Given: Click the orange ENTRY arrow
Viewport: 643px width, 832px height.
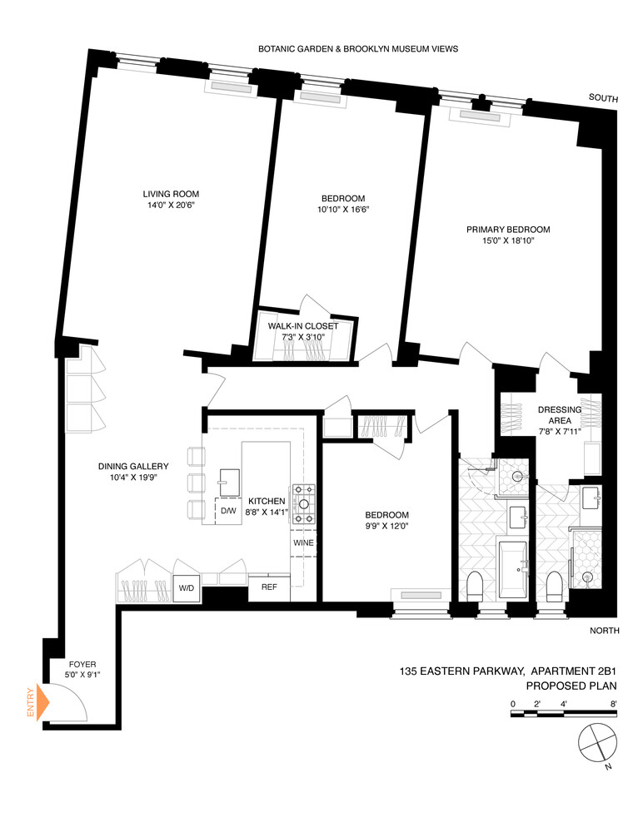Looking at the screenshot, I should point(42,704).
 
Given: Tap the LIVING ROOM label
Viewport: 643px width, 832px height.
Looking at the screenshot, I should point(170,194).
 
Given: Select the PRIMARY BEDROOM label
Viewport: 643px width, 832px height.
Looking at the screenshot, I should point(508,230).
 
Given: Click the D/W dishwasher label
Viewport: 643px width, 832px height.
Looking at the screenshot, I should point(227,511).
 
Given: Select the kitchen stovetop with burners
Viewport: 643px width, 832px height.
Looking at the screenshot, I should point(303,504).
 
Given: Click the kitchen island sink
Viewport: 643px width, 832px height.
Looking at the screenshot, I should point(227,477).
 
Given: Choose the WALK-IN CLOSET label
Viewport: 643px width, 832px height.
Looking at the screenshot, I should point(303,326).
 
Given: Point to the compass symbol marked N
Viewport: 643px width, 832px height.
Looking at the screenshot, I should point(596,740).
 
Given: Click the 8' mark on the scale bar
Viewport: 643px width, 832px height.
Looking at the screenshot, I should point(613,703).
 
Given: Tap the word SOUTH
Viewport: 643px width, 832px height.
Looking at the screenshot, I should point(603,99).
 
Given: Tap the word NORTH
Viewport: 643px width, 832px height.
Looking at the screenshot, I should point(604,631).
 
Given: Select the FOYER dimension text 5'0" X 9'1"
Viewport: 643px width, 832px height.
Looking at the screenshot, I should point(83,676).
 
